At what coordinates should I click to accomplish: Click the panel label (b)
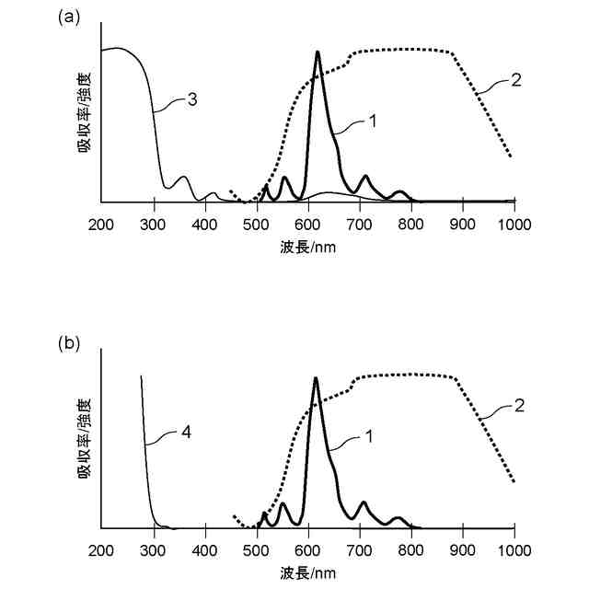coord(70,342)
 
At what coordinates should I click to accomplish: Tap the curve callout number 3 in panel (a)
coord(192,98)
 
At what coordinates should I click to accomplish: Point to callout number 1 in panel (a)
coord(374,119)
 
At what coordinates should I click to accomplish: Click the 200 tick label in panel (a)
coord(101,225)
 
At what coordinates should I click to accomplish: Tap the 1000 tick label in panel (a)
coord(514,225)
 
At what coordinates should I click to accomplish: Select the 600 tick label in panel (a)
coord(308,225)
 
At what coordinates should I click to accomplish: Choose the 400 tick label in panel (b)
coord(204,550)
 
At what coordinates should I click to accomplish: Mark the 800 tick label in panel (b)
coord(411,550)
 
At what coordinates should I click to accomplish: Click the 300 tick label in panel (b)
coord(153,550)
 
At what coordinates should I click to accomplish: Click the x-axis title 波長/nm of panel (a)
coord(307,248)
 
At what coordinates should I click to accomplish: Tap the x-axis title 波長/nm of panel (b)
coord(307,572)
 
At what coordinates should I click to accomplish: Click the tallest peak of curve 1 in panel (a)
coord(318,52)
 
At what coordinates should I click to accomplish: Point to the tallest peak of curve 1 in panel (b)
coord(316,378)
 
